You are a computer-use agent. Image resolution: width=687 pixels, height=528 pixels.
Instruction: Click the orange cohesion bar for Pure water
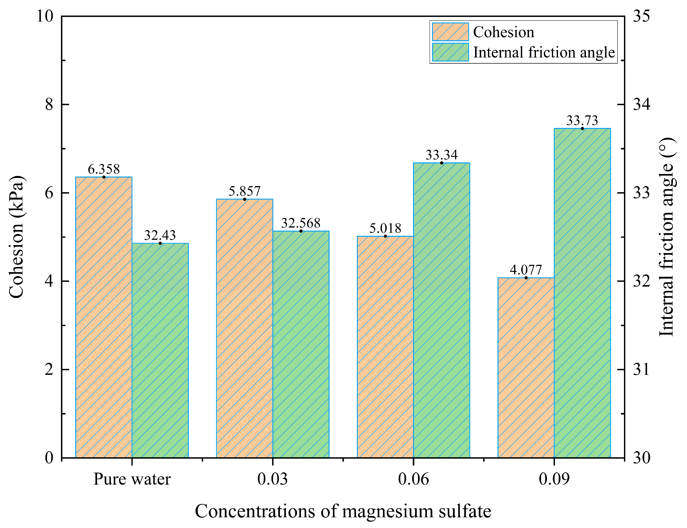(103, 317)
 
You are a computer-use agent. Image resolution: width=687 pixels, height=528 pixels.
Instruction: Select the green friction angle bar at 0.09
(582, 292)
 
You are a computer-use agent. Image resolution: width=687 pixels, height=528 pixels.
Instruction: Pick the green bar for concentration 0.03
(300, 344)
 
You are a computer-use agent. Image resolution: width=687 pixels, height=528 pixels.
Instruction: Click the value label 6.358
(103, 169)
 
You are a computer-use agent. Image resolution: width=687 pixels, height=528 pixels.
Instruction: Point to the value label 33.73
(582, 121)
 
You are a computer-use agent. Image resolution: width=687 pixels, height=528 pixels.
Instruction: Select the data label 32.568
(300, 223)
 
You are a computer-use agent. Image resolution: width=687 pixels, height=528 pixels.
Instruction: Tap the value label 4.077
(526, 270)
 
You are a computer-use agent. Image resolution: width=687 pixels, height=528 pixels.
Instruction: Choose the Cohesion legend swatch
(450, 32)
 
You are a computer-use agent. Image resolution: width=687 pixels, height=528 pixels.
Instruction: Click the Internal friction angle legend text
(544, 52)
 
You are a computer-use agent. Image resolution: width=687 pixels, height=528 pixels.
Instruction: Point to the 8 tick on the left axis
(49, 104)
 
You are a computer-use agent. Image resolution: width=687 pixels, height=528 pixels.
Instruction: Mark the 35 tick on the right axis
(641, 16)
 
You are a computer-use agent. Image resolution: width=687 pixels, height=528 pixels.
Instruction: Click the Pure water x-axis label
(132, 479)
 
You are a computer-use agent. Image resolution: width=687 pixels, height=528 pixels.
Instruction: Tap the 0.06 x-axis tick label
(413, 479)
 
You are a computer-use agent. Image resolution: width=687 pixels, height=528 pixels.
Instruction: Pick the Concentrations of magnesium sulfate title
(343, 511)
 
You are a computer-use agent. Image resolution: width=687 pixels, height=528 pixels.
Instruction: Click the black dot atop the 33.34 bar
(441, 163)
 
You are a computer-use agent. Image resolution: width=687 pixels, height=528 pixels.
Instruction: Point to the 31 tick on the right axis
(641, 370)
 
